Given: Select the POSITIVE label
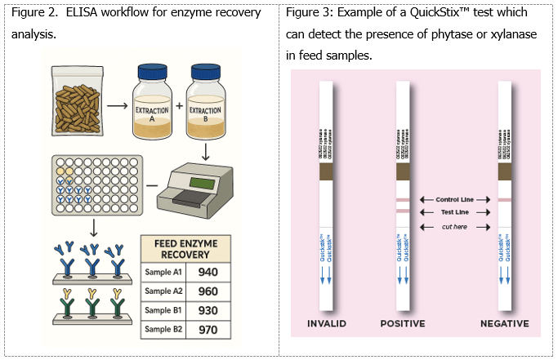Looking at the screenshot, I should (x=402, y=323).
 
